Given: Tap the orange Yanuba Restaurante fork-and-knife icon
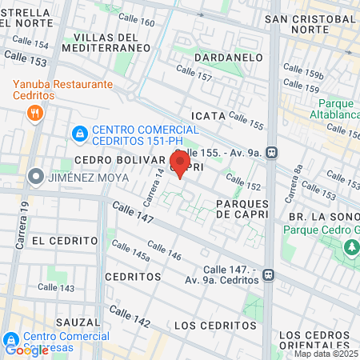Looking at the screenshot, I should tap(34, 113).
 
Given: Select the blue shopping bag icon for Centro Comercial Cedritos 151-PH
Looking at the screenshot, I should tap(79, 133).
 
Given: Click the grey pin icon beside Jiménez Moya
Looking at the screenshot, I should tap(35, 178).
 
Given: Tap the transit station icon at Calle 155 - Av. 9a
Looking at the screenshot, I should tap(273, 151).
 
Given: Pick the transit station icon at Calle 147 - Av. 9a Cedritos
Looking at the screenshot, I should tap(270, 274).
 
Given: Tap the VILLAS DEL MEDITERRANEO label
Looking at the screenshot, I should tap(112, 42).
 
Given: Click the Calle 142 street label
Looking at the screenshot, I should tap(131, 321).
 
